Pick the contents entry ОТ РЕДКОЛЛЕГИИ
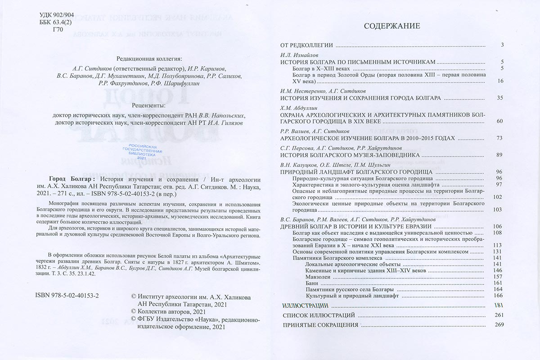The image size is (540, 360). [x=306, y=45]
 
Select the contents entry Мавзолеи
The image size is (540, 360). [x=318, y=276]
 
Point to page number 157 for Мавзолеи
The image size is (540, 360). [x=498, y=276]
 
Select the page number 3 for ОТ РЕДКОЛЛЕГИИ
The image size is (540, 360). [x=501, y=45]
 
